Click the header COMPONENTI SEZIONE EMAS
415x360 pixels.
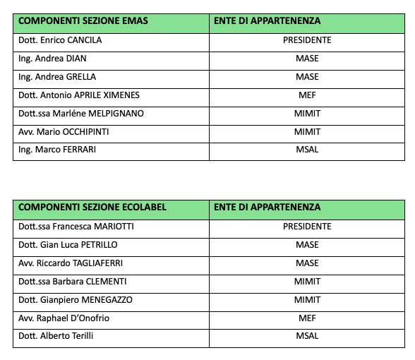83,21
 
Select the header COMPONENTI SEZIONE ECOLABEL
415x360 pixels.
92,208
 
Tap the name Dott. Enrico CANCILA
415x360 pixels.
60,40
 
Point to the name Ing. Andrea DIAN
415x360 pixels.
52,59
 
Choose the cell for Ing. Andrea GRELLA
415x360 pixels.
57,77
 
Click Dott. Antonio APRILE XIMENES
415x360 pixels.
79,95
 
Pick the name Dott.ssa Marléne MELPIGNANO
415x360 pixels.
81,114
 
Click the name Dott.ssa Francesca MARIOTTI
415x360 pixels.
76,227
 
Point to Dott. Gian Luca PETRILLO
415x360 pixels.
68,245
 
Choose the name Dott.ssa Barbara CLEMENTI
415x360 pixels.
73,282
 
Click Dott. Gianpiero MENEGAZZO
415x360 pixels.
76,300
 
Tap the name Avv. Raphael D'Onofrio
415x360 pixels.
64,318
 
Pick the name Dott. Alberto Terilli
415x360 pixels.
56,336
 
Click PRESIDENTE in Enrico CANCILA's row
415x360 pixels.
307,40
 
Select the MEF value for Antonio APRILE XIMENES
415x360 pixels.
307,95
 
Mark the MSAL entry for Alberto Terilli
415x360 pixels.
307,336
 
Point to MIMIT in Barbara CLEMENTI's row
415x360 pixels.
307,282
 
